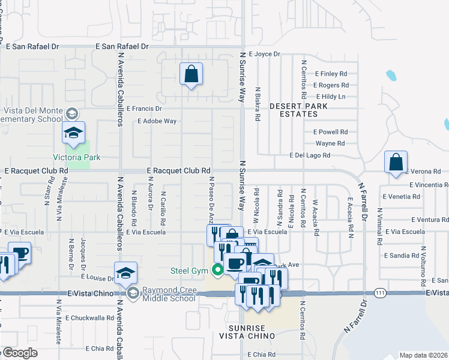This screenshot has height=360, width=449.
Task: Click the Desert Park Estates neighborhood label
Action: click(x=294, y=110)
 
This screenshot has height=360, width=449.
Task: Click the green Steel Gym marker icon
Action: click(x=217, y=270)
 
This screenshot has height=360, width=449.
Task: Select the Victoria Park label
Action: click(x=76, y=158)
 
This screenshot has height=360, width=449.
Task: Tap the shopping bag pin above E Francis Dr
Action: click(x=191, y=76)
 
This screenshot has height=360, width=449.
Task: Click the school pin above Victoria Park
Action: click(x=74, y=134)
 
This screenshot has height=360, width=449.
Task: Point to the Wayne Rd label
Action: click(x=330, y=143)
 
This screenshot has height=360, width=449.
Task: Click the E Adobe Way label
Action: click(x=157, y=121)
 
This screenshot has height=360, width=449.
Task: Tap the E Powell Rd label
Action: click(x=331, y=132)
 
